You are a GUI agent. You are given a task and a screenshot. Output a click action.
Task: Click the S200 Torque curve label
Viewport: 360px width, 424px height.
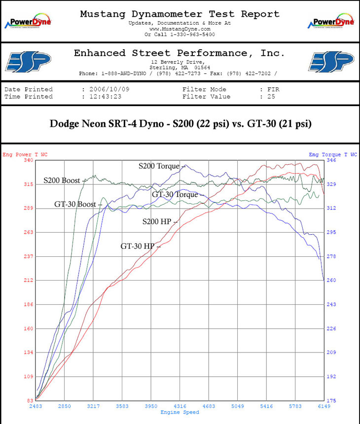tap(159, 167)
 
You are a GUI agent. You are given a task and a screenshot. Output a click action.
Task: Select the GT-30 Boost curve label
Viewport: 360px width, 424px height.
tap(75, 204)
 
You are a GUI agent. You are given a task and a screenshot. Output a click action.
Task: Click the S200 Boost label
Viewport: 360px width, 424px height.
tap(61, 180)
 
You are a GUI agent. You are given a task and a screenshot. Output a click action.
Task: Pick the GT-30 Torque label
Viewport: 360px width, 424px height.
tap(175, 195)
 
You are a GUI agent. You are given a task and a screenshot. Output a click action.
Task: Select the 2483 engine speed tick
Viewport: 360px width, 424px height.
tap(36, 406)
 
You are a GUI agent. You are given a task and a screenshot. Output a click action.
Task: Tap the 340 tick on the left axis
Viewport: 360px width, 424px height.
tap(28, 160)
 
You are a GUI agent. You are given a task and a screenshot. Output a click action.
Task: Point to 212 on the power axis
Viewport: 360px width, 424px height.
tap(28, 281)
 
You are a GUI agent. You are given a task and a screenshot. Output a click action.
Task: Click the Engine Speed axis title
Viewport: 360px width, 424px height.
tap(180, 412)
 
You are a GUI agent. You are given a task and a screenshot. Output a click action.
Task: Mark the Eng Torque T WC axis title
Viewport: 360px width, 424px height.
tap(333, 154)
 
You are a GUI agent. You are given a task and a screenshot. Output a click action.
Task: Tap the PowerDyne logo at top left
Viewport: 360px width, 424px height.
tap(28, 22)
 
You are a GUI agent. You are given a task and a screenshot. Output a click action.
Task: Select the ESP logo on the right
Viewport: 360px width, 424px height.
tap(331, 62)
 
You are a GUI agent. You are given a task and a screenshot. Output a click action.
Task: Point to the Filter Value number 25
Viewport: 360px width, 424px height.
tap(264, 97)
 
